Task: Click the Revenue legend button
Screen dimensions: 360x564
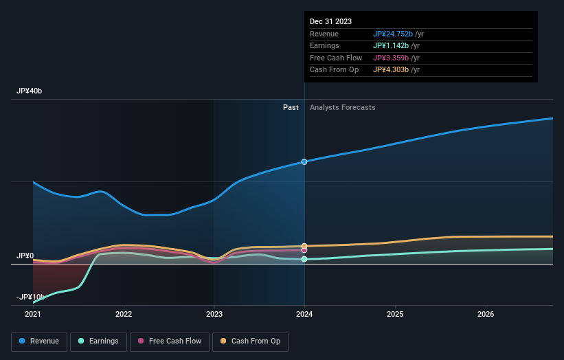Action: point(39,341)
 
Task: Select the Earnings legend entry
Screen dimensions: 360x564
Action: point(98,341)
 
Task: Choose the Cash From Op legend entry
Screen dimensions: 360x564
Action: point(250,341)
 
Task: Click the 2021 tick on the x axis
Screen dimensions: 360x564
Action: point(33,315)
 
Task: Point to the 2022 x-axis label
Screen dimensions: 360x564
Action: point(124,315)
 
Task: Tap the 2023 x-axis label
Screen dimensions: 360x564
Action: point(214,315)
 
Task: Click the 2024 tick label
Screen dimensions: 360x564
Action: point(304,315)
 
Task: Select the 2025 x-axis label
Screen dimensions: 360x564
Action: point(395,315)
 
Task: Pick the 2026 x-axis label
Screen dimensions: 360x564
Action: point(486,315)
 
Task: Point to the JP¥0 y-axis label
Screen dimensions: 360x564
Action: point(25,256)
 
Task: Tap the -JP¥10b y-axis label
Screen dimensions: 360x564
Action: point(30,297)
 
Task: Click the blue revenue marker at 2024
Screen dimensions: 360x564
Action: point(304,161)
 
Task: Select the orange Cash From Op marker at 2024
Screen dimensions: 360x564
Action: point(304,245)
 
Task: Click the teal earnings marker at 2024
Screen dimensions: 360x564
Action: point(304,259)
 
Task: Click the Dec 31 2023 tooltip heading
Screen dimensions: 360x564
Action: point(330,21)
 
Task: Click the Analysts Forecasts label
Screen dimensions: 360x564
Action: point(343,107)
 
